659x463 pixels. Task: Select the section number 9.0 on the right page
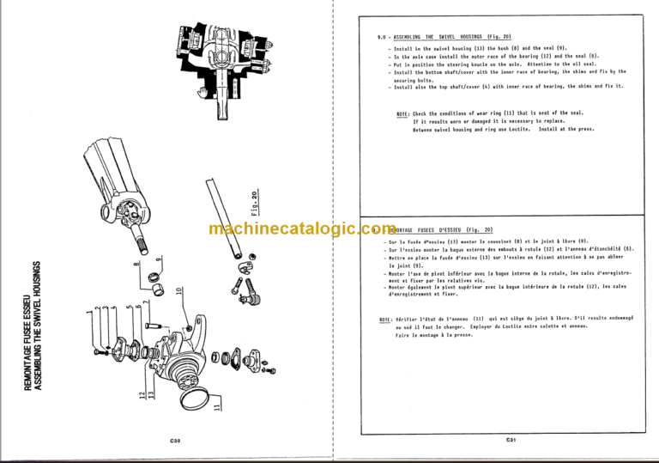pos(370,38)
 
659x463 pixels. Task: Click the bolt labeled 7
pos(150,326)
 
